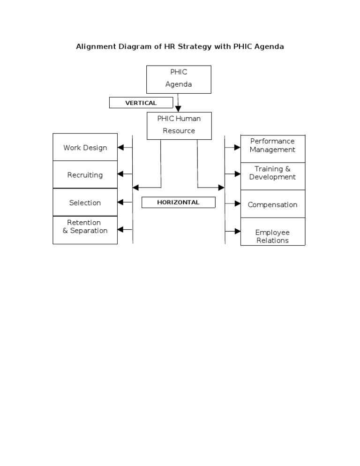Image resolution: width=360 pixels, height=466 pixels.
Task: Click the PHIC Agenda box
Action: pyautogui.click(x=179, y=79)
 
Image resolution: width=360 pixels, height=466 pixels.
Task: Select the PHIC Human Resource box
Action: pyautogui.click(x=179, y=125)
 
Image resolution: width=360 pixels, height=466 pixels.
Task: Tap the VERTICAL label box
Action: pyautogui.click(x=141, y=103)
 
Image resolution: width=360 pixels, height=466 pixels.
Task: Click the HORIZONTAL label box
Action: pyautogui.click(x=178, y=203)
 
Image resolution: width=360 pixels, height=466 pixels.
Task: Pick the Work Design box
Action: pyautogui.click(x=85, y=148)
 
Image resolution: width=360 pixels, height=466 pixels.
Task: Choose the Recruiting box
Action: pyautogui.click(x=85, y=175)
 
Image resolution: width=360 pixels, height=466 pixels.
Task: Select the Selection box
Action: pyautogui.click(x=85, y=203)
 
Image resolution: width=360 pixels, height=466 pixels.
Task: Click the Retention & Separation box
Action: pyautogui.click(x=85, y=229)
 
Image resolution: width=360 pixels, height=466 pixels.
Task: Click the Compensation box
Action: pyautogui.click(x=272, y=204)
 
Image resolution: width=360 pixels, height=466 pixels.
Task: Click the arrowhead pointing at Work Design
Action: pyautogui.click(x=121, y=147)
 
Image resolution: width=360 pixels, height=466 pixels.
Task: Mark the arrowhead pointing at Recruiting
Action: pyautogui.click(x=121, y=174)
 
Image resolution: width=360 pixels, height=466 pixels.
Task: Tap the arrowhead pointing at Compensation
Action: pyautogui.click(x=237, y=203)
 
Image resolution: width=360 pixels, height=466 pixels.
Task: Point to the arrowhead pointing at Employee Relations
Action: pyautogui.click(x=237, y=231)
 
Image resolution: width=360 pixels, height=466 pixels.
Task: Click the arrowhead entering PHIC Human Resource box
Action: pyautogui.click(x=178, y=109)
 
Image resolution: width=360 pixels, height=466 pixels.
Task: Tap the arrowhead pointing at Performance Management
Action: pyautogui.click(x=237, y=147)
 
